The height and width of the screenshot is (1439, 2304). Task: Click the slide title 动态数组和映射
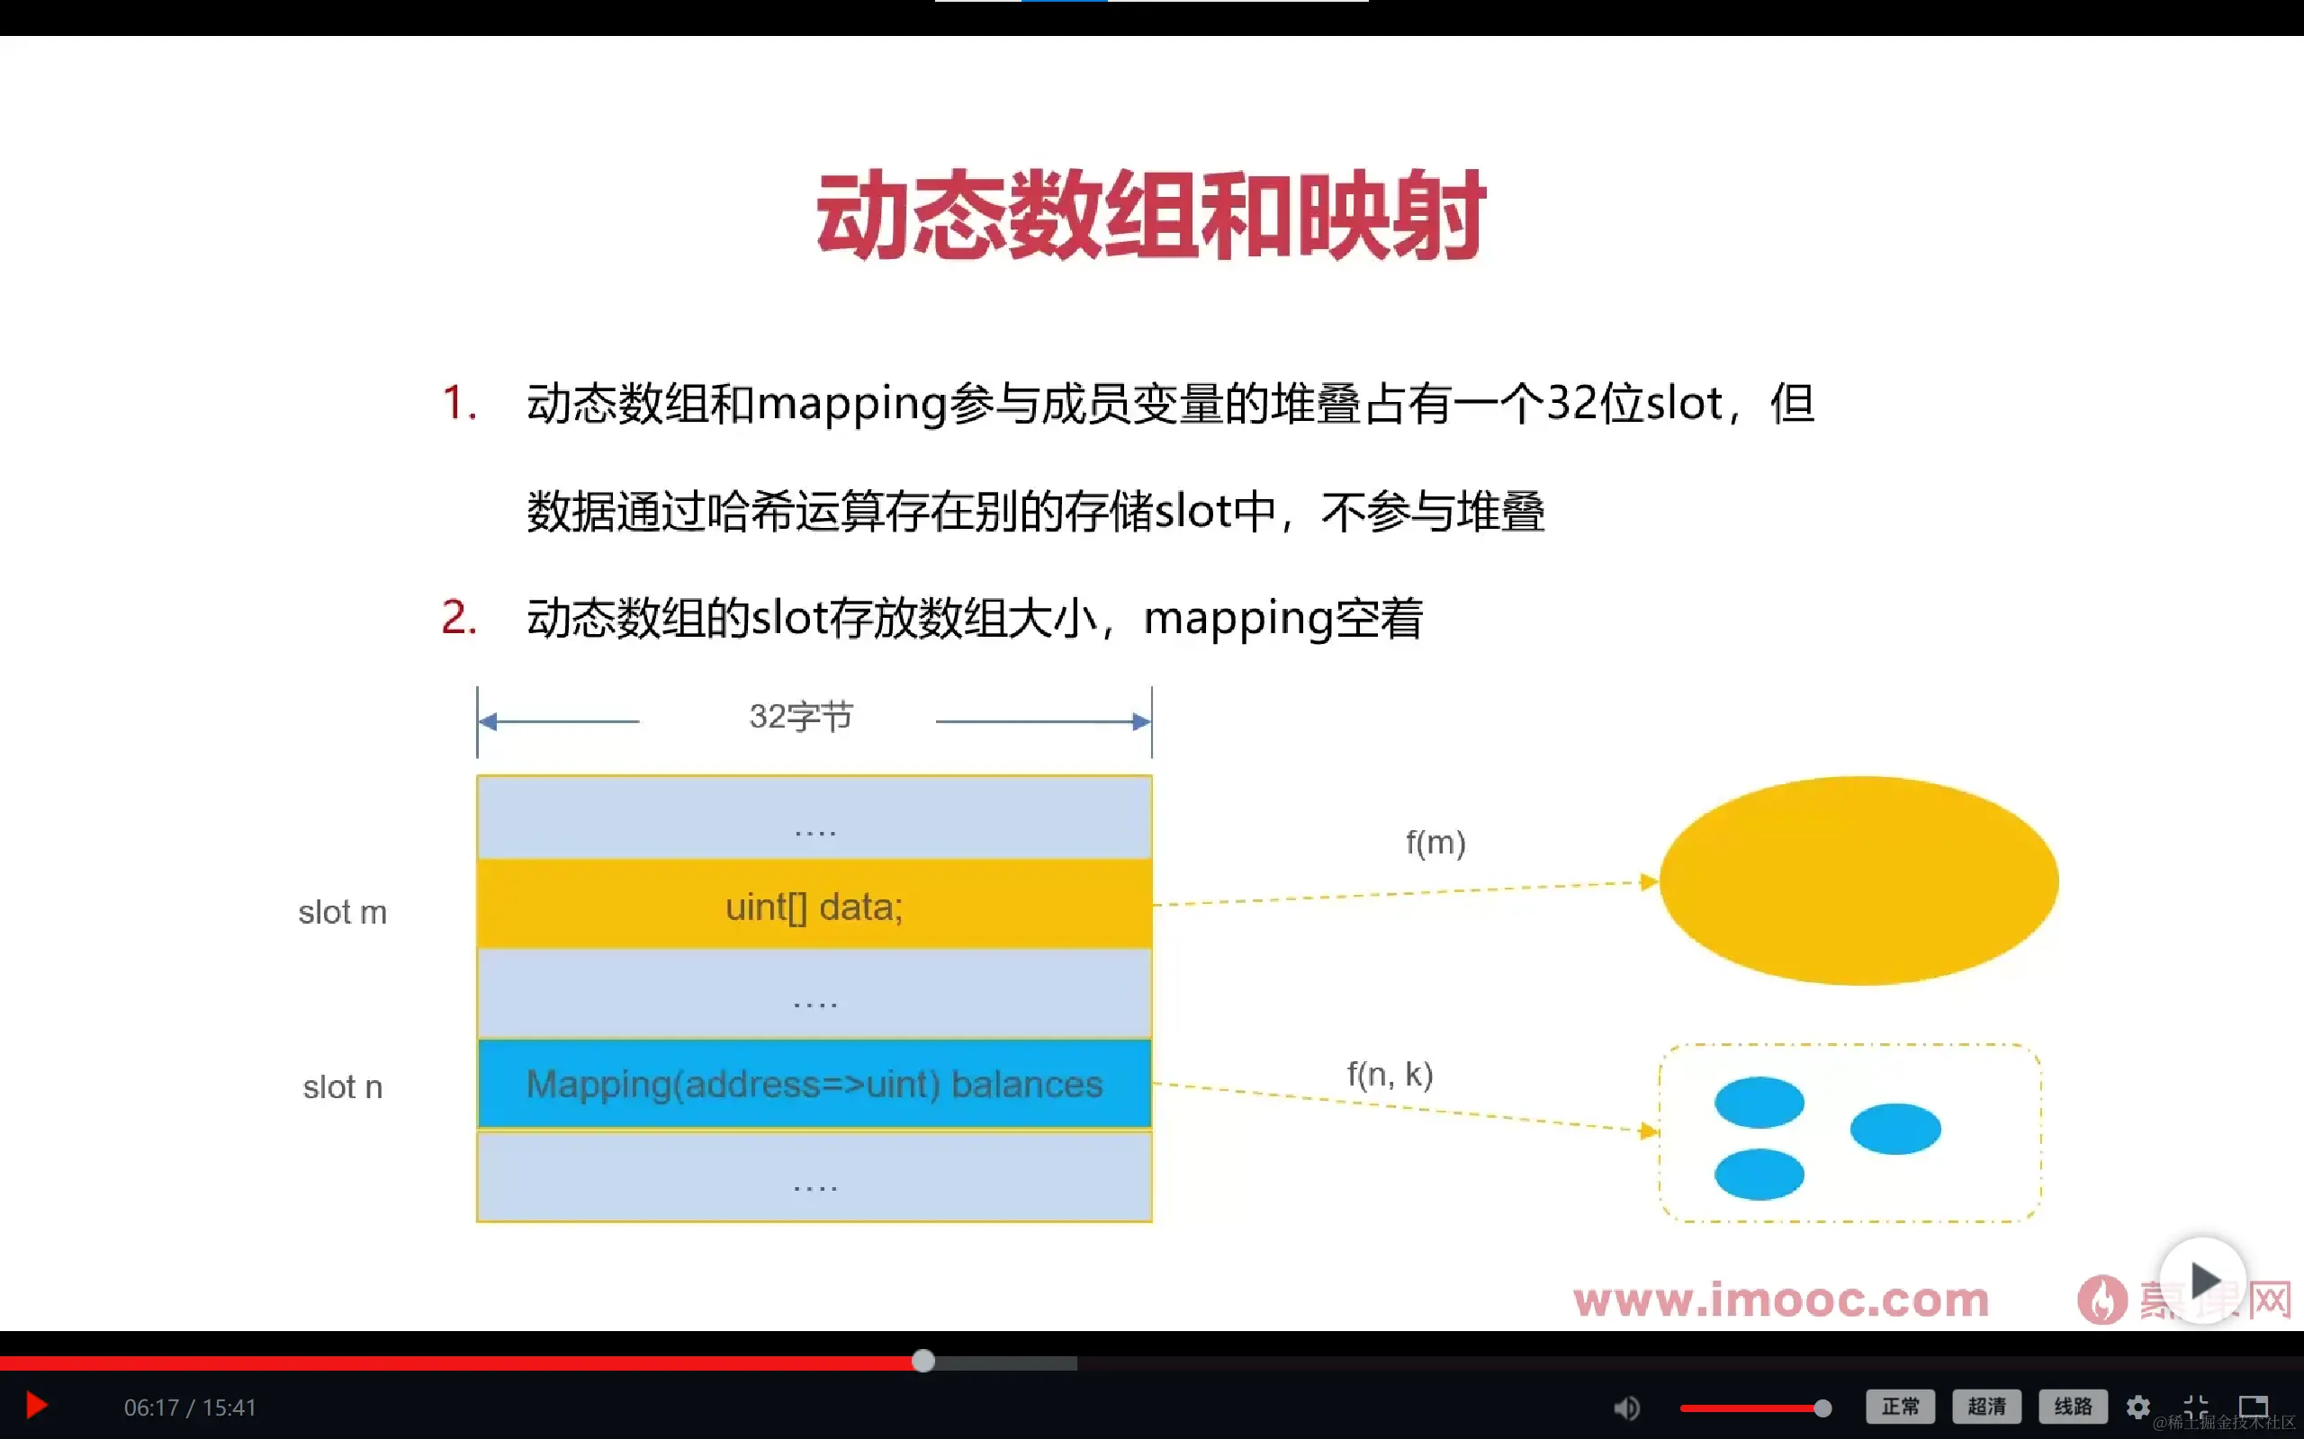click(x=1150, y=215)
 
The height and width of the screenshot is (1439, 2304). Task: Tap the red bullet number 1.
click(x=458, y=403)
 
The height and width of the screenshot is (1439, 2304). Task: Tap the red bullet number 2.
click(x=458, y=618)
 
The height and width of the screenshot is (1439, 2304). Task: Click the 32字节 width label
click(x=801, y=717)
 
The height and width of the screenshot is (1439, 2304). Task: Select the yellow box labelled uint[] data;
click(x=814, y=905)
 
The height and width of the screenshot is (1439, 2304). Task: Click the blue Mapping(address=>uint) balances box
click(x=814, y=1084)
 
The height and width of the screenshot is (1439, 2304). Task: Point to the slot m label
click(x=343, y=913)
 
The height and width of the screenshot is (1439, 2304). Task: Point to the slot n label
click(x=343, y=1086)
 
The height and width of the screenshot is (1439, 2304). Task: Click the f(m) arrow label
click(x=1435, y=843)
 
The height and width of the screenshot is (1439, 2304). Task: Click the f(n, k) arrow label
click(x=1390, y=1075)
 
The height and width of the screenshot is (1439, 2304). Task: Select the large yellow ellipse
click(x=1858, y=880)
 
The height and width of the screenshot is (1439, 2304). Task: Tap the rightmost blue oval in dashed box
click(x=1894, y=1129)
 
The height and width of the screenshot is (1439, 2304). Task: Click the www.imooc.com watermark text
click(x=1780, y=1300)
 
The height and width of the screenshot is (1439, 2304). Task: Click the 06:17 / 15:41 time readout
click(x=191, y=1408)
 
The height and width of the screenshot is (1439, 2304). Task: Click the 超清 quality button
click(x=1986, y=1407)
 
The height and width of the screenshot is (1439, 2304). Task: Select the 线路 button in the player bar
click(x=2073, y=1407)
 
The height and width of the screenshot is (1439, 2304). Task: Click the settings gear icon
click(x=2138, y=1407)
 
